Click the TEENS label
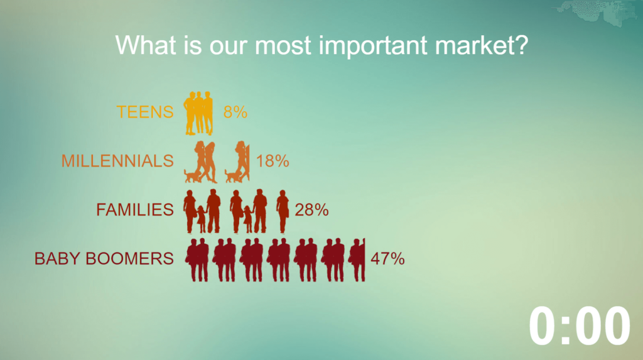[145, 112]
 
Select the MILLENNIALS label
[117, 161]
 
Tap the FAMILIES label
[135, 210]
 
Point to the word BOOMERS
[129, 259]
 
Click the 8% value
[235, 112]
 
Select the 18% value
[273, 161]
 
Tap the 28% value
[311, 210]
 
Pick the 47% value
[387, 259]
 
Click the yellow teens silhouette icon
[198, 113]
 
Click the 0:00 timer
[579, 326]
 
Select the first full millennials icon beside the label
[200, 162]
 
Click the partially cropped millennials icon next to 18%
[238, 162]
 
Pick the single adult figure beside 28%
[283, 211]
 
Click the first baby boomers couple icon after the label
[198, 260]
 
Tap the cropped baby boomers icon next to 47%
[357, 260]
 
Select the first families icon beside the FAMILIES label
[202, 211]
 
